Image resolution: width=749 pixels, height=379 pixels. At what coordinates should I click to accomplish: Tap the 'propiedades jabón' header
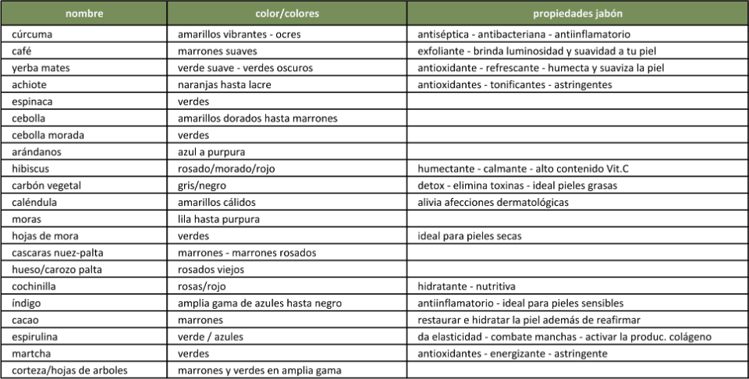pos(577,14)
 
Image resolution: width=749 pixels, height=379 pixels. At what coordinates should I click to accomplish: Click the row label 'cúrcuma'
pos(33,35)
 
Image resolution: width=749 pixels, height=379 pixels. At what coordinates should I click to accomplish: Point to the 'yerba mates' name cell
pos(41,68)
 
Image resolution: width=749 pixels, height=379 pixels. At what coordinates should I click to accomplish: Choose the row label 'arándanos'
pos(37,152)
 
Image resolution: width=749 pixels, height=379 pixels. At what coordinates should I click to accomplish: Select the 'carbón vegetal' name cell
pos(47,186)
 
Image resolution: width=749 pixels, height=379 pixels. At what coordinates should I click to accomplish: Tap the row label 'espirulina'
pos(36,337)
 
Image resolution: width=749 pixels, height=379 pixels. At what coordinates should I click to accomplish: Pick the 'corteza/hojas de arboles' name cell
pos(69,370)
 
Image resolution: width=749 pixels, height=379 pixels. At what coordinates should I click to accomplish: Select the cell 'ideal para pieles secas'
pos(470,236)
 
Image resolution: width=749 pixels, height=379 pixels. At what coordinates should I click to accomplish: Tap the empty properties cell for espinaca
pos(577,101)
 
